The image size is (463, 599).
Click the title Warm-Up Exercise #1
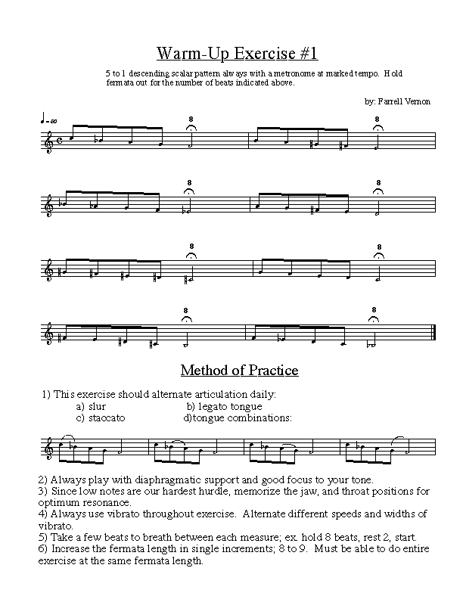pos(237,53)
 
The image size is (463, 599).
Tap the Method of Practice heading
pos(239,371)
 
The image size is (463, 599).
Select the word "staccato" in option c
pos(106,417)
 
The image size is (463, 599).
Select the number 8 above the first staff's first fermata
pos(191,119)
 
